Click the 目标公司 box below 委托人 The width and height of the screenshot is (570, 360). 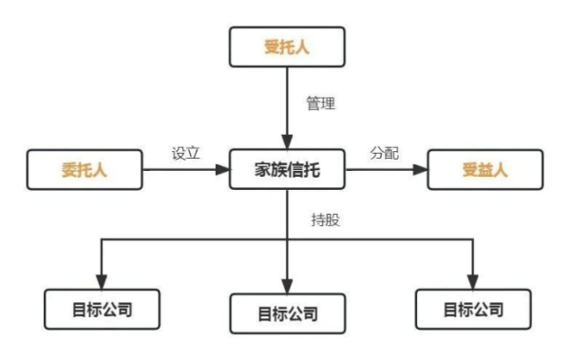point(102,311)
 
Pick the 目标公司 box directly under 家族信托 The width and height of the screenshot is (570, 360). point(287,313)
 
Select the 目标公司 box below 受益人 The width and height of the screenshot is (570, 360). point(472,311)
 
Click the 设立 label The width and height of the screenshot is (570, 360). point(185,152)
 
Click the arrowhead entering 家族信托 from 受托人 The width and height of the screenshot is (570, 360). point(287,140)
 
